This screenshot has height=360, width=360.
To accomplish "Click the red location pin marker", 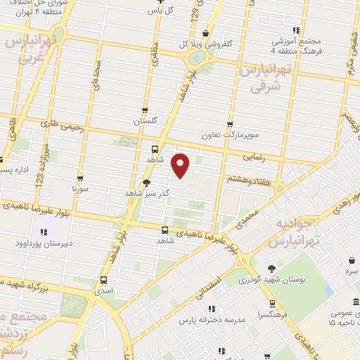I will click(181, 165).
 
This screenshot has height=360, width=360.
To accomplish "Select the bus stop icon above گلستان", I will click(146, 110).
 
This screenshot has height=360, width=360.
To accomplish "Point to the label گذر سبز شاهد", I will click(143, 192).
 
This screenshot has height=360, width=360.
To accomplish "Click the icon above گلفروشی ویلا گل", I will click(205, 32).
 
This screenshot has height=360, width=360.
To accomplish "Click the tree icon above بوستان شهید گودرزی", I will click(271, 268).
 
